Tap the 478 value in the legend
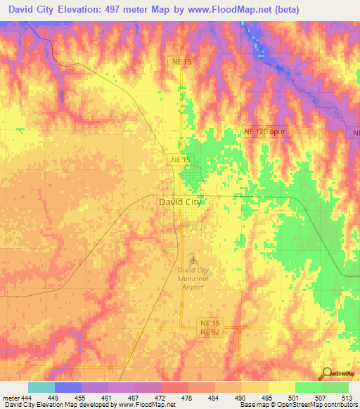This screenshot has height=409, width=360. pyautogui.click(x=188, y=398)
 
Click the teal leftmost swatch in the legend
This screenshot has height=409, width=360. pyautogui.click(x=41, y=387)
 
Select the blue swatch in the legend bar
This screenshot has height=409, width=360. pyautogui.click(x=68, y=387)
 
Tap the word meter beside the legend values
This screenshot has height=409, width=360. pyautogui.click(x=11, y=398)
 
